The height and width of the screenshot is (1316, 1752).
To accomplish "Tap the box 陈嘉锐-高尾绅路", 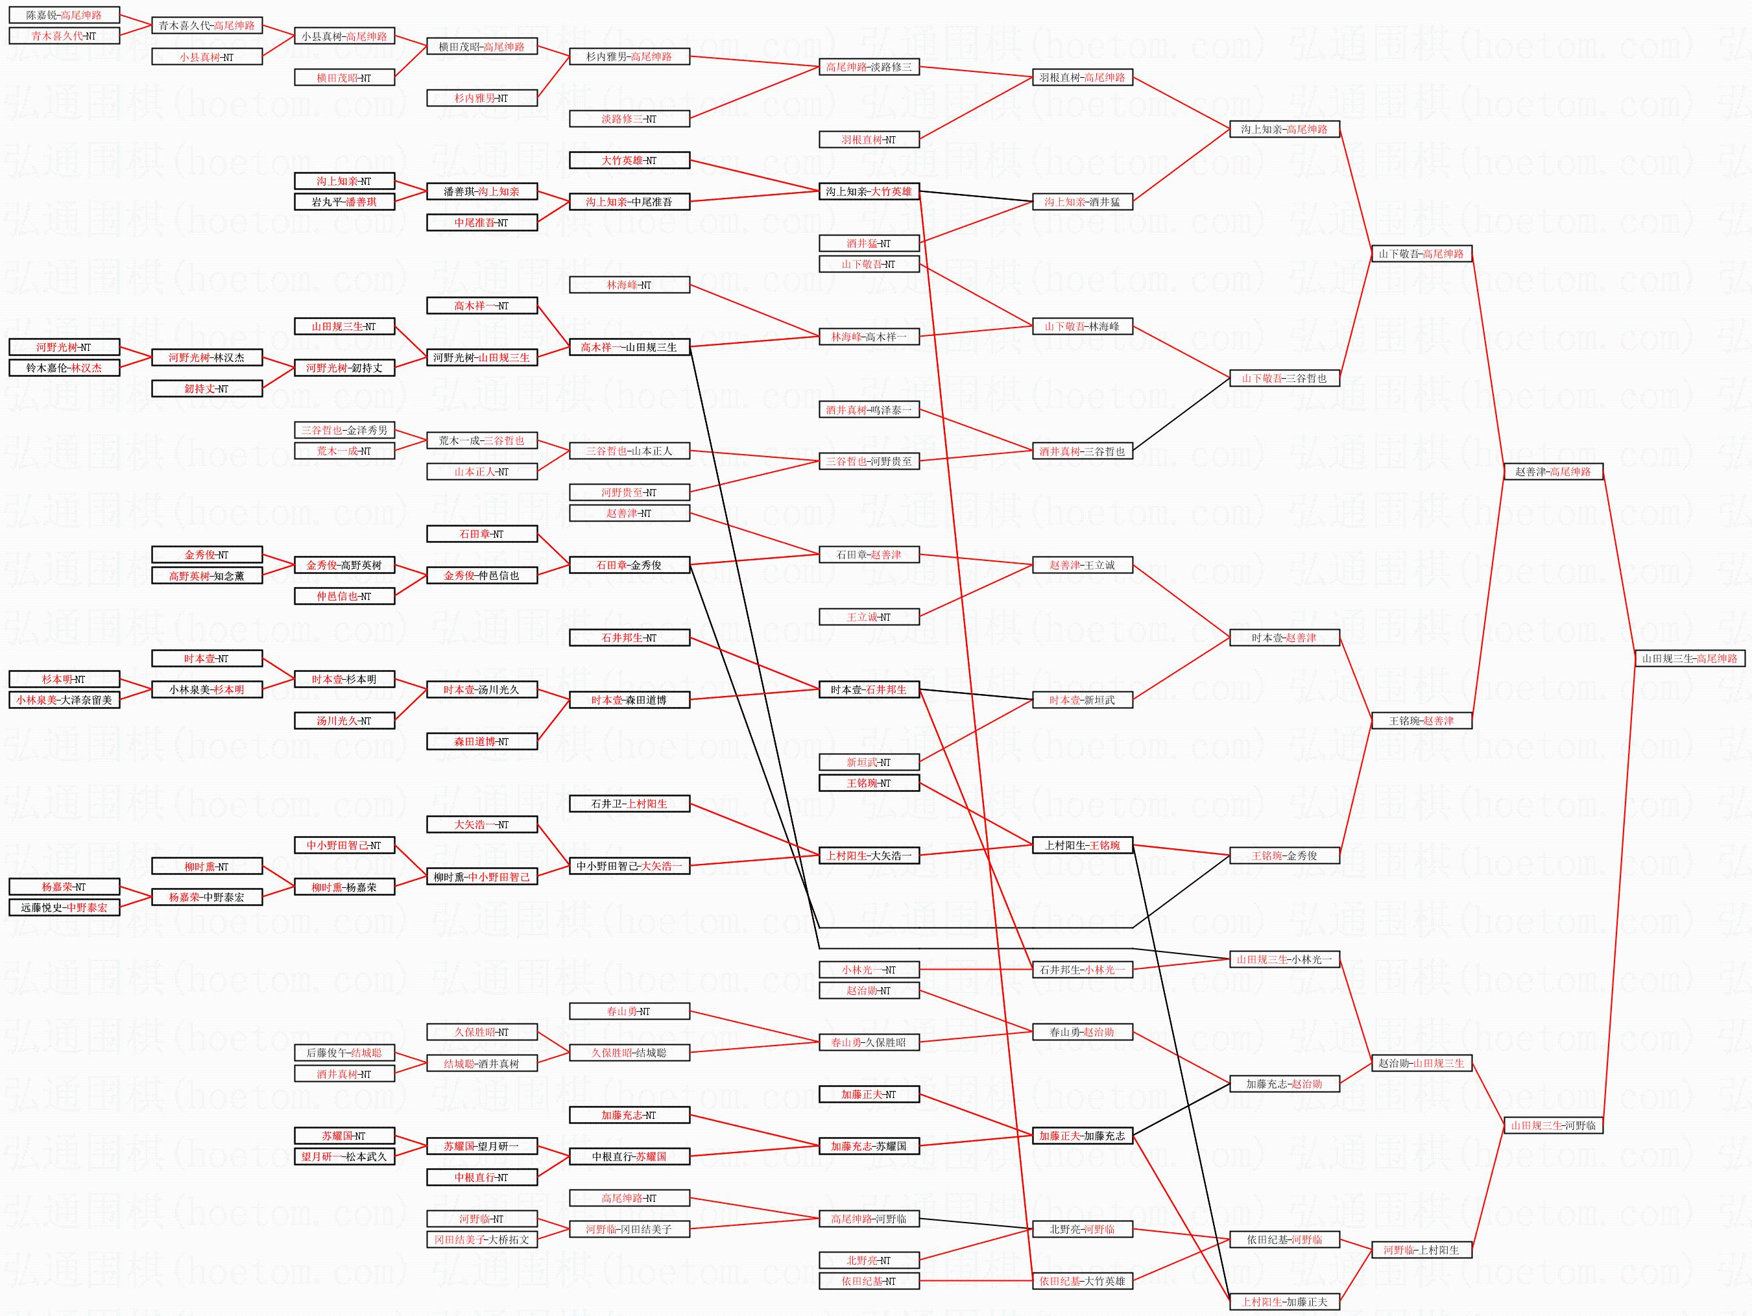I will point(64,15).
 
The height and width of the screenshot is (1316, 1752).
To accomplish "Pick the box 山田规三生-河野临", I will point(1554,1125).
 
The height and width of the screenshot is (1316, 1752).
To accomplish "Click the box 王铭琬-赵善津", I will point(1422,721).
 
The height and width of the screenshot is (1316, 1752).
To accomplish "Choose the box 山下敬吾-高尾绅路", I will point(1422,254).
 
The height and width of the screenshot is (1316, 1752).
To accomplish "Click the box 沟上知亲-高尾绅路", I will point(1284,129).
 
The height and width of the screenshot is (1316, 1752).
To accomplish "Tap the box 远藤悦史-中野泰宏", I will point(64,907).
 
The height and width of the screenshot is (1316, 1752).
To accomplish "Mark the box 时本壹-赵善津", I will point(1284,638).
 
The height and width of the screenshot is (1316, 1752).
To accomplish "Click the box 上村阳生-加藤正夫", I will point(1284,1302).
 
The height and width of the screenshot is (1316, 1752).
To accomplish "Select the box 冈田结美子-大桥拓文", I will point(481,1240).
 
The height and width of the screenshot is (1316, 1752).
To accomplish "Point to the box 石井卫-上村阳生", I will point(630,804).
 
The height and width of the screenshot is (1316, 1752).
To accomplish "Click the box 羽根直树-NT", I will point(869,140).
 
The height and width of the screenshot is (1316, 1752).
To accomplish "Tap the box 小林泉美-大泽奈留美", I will point(64,700).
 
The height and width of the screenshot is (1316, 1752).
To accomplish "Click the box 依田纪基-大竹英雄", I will point(1082,1281).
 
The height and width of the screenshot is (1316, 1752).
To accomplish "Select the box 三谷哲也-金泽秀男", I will point(344,431).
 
